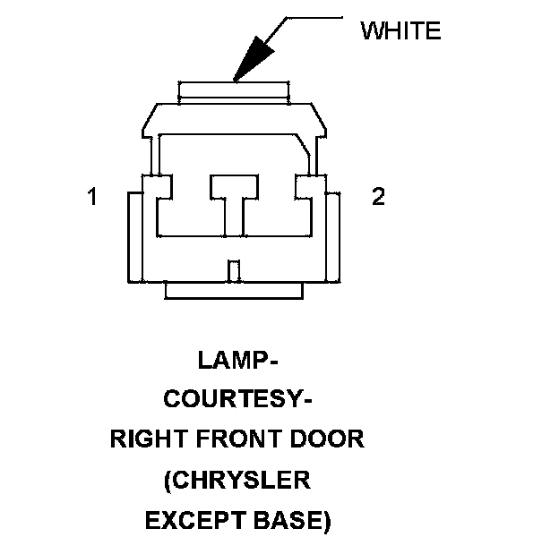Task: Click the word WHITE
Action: click(x=400, y=30)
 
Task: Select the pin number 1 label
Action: click(x=91, y=197)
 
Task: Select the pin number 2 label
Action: click(x=378, y=197)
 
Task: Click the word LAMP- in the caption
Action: click(x=237, y=362)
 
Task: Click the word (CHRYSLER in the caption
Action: click(x=237, y=480)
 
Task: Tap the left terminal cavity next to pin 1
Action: click(x=157, y=187)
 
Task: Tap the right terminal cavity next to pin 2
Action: click(x=309, y=187)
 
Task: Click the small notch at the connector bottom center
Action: click(x=234, y=269)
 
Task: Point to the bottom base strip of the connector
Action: click(x=234, y=290)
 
